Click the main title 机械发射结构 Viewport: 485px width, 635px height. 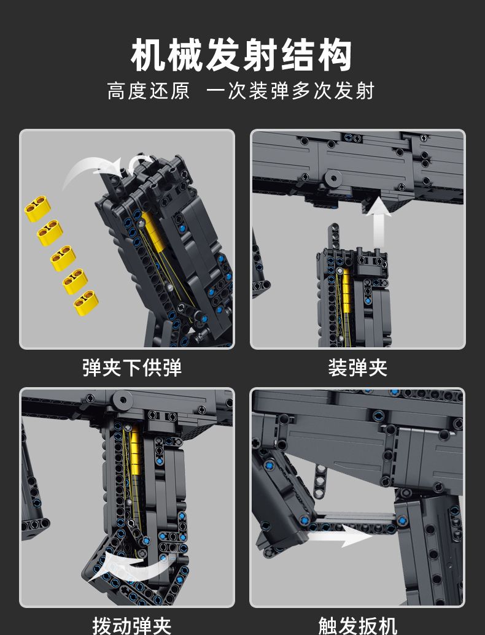(x=242, y=56)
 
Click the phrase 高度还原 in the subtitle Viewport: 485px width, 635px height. (x=149, y=91)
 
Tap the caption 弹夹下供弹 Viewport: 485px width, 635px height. (x=132, y=367)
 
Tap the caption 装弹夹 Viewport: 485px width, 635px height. (x=357, y=367)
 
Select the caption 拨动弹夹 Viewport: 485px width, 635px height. (x=132, y=625)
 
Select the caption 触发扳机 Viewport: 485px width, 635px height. (x=357, y=625)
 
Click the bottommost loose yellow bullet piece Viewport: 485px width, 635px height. (x=86, y=302)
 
